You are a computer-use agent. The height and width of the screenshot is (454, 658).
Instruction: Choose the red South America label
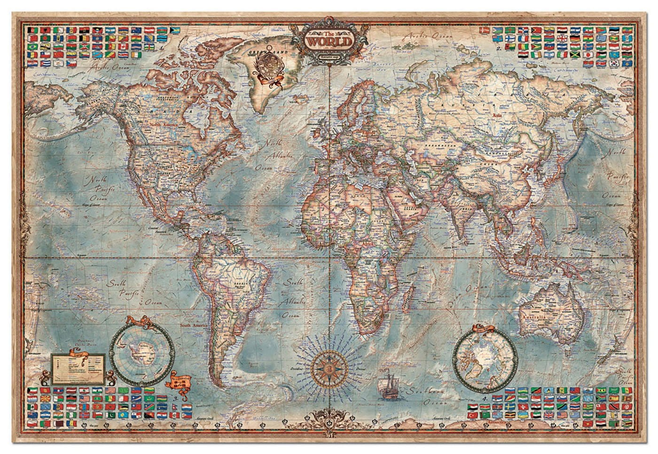pos(197,325)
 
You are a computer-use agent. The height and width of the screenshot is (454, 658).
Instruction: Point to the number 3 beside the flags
pos(176,398)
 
